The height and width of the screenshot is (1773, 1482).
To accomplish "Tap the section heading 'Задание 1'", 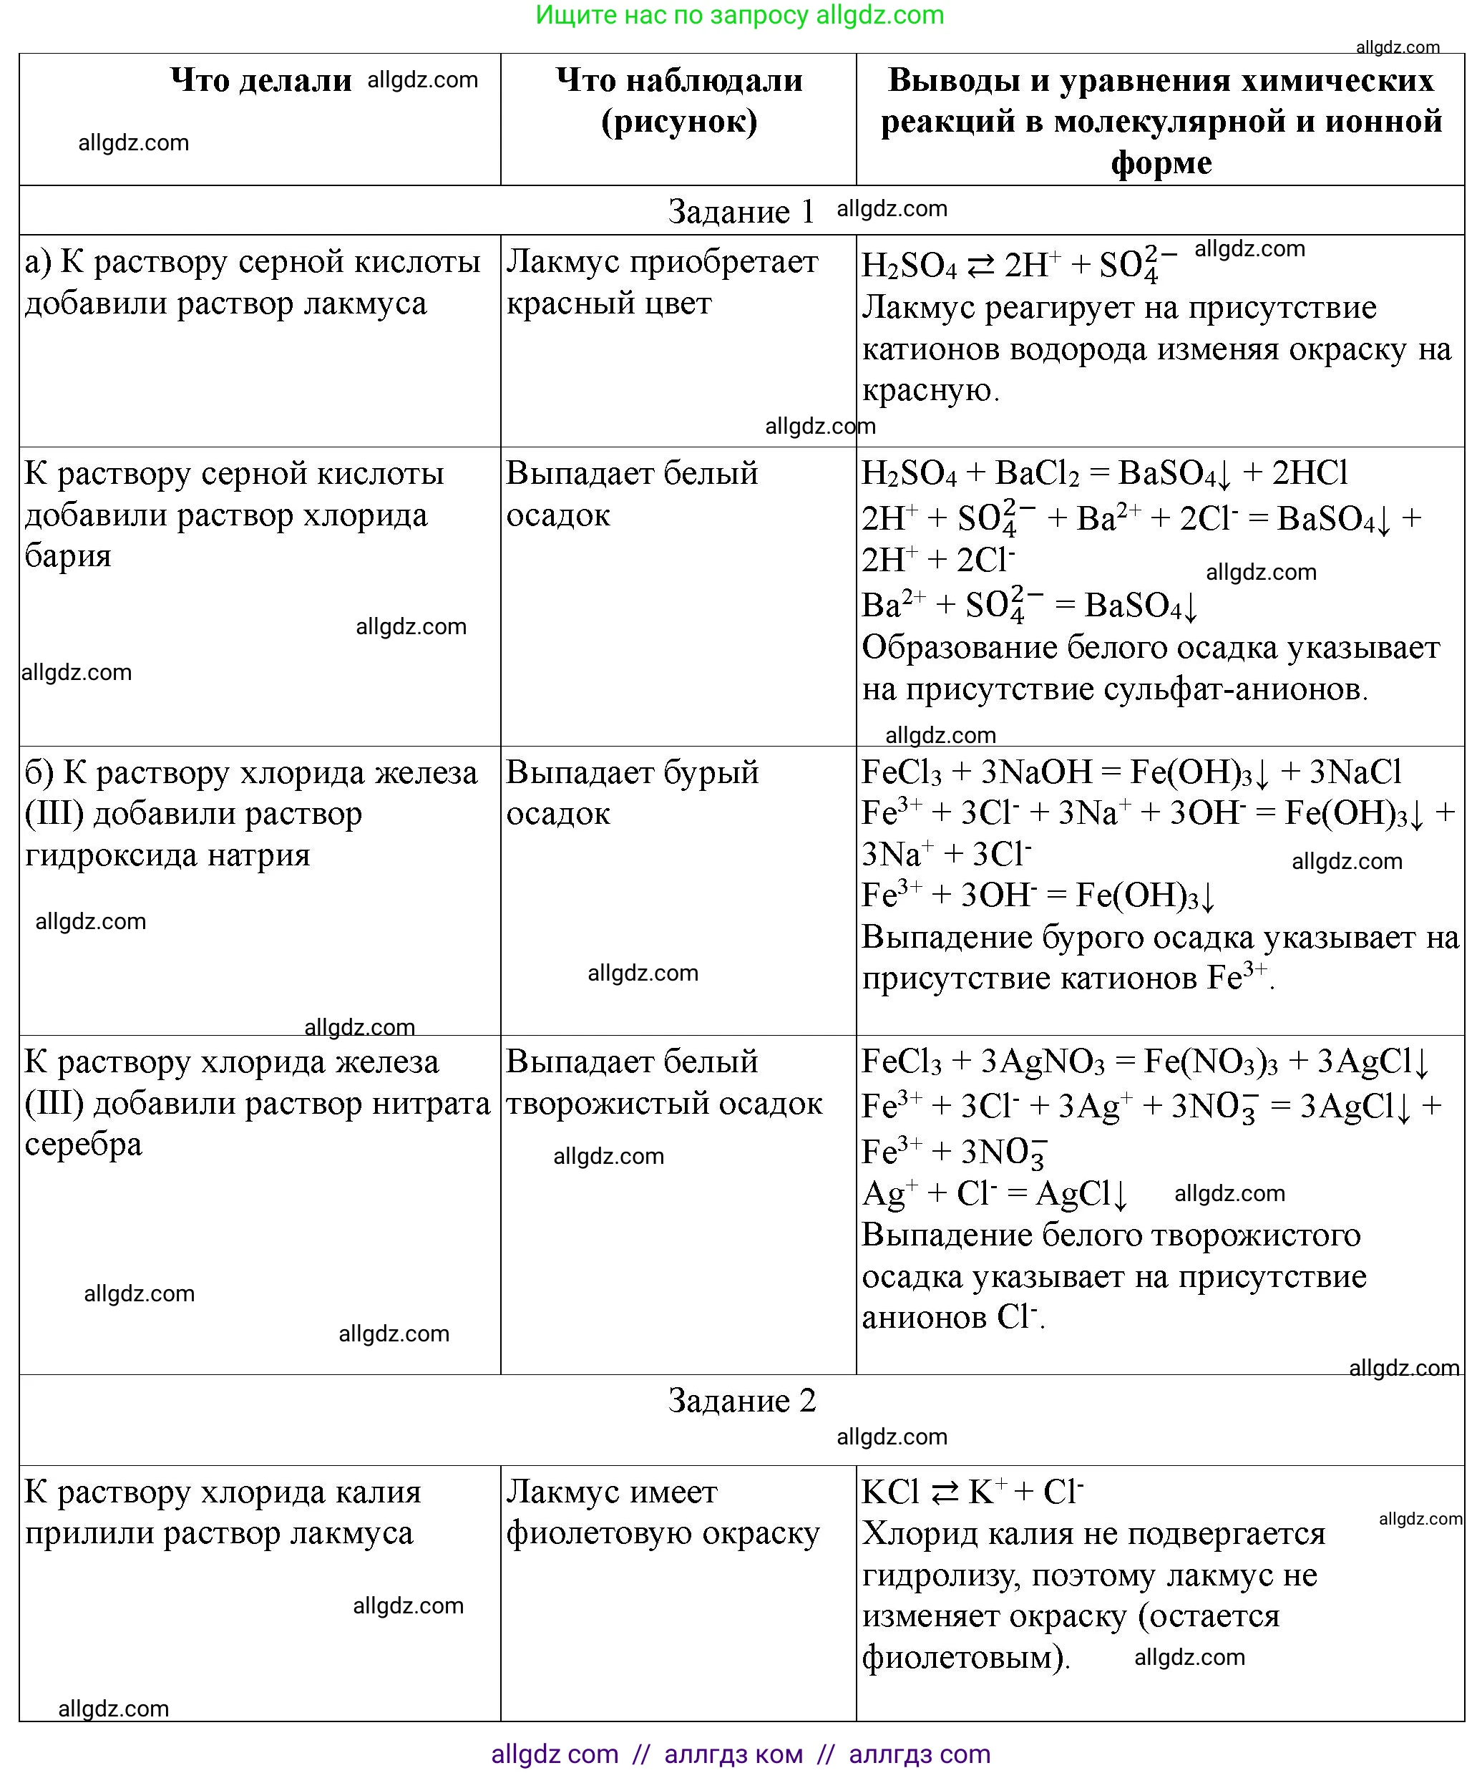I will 741,211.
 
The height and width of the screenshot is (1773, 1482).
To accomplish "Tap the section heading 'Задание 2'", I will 742,1400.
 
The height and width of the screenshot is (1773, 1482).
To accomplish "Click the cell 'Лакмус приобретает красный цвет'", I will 662,282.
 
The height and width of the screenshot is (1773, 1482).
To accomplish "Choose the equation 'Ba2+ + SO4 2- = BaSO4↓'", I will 1029,605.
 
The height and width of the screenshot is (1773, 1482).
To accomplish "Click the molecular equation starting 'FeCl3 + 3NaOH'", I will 1131,772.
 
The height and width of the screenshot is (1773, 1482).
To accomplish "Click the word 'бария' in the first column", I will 67,555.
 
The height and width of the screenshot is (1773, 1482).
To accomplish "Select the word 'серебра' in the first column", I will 84,1144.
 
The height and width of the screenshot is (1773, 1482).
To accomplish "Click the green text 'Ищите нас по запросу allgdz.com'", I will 739,15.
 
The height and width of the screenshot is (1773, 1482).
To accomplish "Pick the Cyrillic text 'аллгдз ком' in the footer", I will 733,1754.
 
